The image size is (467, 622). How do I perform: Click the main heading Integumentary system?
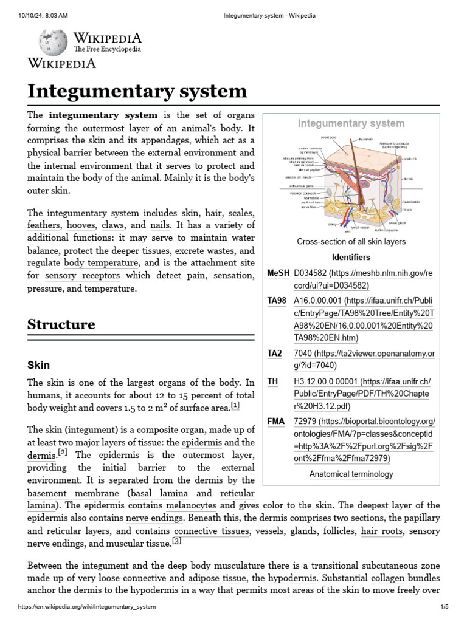(137, 92)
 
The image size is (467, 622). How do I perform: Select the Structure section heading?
(61, 324)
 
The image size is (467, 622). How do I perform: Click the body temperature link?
(101, 264)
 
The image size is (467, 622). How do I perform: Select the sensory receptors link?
(82, 276)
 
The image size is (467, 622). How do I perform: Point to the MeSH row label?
(277, 274)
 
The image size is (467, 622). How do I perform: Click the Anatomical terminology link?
(351, 474)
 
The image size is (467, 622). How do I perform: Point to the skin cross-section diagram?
(350, 182)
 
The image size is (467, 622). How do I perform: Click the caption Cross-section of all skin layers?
(351, 242)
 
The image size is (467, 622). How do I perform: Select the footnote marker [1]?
(235, 405)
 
